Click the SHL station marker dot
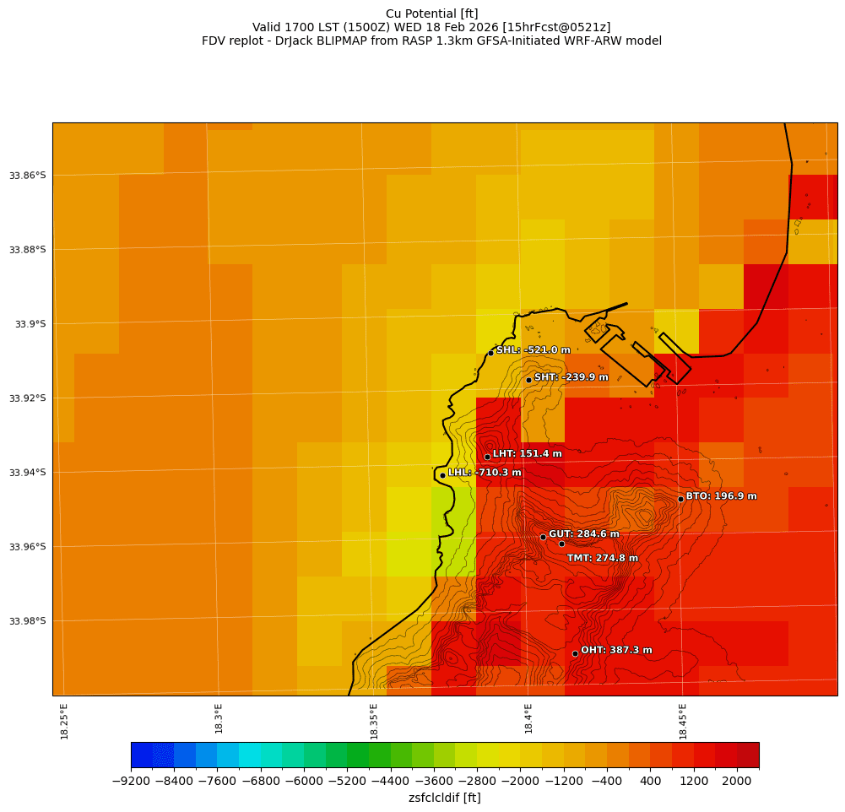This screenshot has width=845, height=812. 490,353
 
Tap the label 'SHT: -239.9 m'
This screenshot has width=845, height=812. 571,377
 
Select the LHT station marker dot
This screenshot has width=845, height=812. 487,457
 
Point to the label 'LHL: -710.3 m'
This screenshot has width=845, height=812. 485,473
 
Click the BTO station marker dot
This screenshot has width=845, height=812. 680,499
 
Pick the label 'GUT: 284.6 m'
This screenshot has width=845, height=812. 583,534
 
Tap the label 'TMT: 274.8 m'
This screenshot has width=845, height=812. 602,558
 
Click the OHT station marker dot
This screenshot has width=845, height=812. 575,653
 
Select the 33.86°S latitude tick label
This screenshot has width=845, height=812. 27,176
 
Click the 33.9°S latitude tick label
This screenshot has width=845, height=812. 30,324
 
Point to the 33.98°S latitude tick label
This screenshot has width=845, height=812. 27,621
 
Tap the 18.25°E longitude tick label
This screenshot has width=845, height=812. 65,721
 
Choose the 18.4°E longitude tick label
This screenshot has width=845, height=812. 528,721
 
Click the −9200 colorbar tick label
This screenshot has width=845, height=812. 131,782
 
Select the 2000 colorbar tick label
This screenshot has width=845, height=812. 737,782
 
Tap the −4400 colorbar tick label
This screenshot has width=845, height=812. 391,782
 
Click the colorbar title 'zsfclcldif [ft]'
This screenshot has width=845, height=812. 444,798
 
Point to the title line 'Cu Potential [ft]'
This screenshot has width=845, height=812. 431,14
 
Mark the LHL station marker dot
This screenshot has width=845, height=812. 442,475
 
